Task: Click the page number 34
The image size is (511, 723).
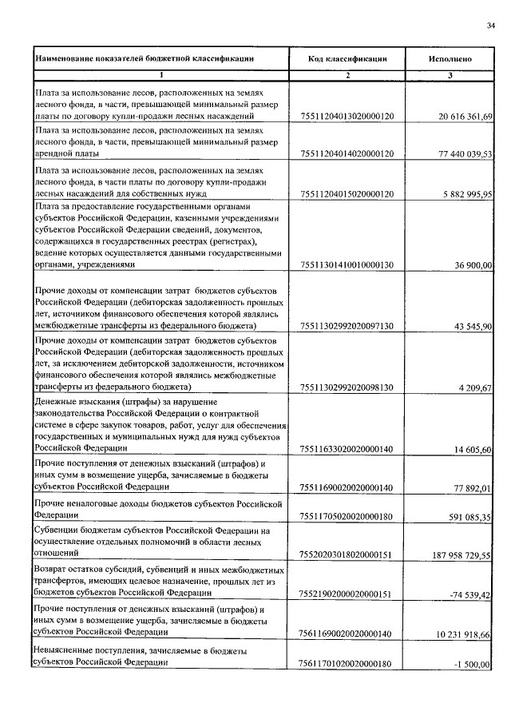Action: (490, 26)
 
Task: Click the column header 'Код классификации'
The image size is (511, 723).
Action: (347, 59)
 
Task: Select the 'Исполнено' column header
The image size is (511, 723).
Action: (450, 59)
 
